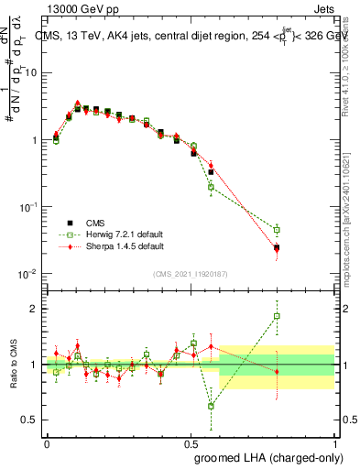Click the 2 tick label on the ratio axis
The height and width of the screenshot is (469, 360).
[35, 309]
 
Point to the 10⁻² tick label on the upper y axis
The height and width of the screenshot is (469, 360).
[27, 275]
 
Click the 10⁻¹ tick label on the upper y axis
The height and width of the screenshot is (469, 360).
[27, 208]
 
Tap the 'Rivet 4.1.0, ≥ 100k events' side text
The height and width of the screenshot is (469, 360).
[351, 64]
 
